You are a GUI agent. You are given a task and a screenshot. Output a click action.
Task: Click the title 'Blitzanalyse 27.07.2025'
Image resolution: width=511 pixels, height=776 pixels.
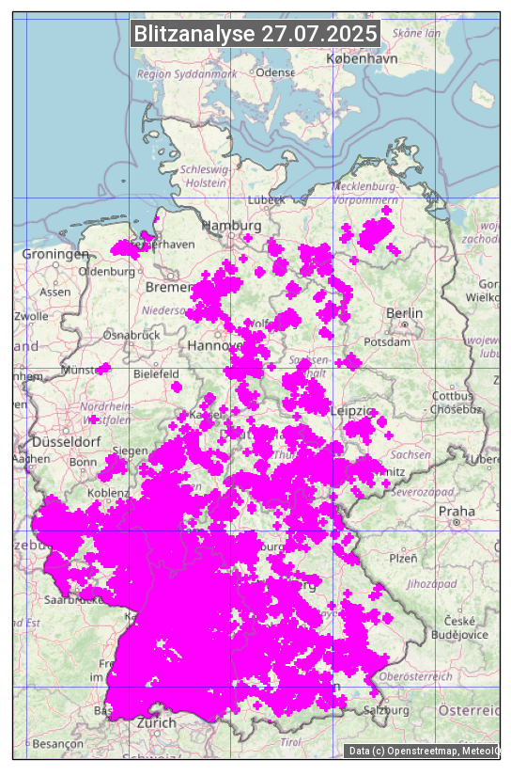pyautogui.click(x=255, y=34)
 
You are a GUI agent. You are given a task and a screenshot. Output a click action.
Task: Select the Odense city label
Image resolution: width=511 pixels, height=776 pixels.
pyautogui.click(x=275, y=72)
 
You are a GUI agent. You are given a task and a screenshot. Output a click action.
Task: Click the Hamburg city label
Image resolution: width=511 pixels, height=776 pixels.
pyautogui.click(x=232, y=227)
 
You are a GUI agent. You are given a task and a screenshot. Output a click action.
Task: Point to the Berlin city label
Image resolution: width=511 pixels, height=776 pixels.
pyautogui.click(x=405, y=313)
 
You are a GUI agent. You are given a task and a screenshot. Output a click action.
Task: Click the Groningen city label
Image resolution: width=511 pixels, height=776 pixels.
pyautogui.click(x=55, y=255)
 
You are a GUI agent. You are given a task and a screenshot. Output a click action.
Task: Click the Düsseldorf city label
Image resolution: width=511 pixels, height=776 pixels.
pyautogui.click(x=66, y=442)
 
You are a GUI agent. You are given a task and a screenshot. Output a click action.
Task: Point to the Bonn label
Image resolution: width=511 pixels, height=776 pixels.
pyautogui.click(x=83, y=462)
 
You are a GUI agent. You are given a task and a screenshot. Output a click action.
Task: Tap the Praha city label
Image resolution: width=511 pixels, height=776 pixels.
pyautogui.click(x=457, y=512)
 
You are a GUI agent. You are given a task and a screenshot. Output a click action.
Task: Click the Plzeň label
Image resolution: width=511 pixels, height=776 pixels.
pyautogui.click(x=402, y=558)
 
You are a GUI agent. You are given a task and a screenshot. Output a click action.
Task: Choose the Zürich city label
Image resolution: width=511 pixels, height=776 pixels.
pyautogui.click(x=156, y=723)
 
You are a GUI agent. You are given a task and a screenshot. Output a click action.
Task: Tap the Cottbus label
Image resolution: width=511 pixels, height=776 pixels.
pyautogui.click(x=453, y=396)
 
